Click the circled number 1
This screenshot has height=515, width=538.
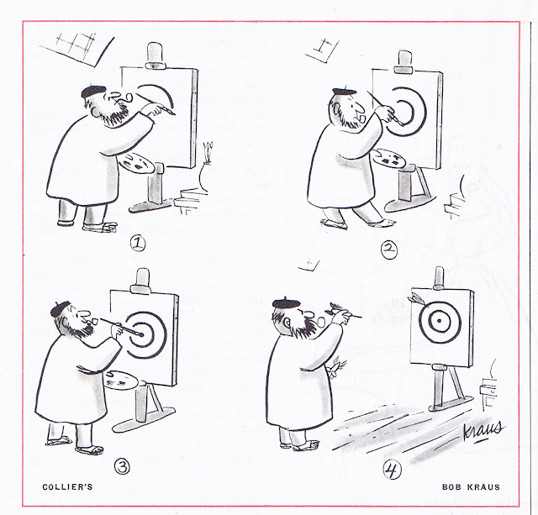click(138, 244)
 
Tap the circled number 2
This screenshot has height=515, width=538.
click(389, 250)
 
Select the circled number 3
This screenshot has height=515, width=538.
click(123, 466)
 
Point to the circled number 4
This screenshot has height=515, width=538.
click(392, 470)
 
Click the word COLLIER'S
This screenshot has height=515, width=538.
click(67, 487)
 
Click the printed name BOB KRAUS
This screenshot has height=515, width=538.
click(471, 487)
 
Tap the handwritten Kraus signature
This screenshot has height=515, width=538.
click(483, 430)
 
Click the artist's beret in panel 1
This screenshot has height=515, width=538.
click(93, 92)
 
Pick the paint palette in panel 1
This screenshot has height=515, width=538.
click(136, 163)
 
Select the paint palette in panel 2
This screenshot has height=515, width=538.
click(388, 158)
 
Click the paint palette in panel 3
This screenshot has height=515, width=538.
click(121, 380)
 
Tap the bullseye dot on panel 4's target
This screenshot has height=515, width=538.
click(440, 321)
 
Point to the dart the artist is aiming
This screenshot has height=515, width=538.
click(344, 310)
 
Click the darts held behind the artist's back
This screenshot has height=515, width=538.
click(336, 366)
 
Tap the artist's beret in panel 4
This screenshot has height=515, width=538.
click(286, 303)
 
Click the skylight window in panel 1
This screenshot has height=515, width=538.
click(76, 49)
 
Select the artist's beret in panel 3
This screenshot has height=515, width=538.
click(60, 308)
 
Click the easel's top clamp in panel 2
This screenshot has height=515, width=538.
click(404, 62)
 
